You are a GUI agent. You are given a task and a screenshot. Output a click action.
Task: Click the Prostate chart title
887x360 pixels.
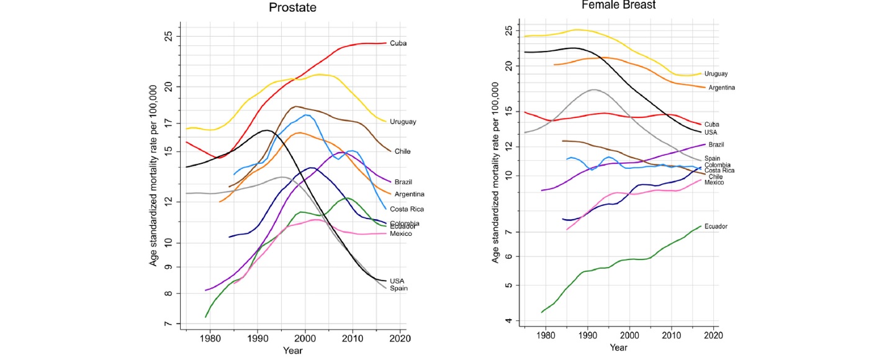tap(293, 8)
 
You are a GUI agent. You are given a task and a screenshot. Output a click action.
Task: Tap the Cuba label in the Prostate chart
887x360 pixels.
tap(398, 43)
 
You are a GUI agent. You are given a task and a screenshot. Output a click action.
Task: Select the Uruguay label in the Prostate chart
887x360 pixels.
tap(403, 122)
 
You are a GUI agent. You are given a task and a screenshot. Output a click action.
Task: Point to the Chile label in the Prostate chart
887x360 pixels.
tap(402, 151)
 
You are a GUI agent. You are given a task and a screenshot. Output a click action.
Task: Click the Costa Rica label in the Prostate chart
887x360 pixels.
tap(407, 209)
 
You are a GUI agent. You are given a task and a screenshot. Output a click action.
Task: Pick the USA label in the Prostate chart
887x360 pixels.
tap(397, 281)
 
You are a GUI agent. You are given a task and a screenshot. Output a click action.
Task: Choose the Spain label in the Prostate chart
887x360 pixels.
tap(398, 288)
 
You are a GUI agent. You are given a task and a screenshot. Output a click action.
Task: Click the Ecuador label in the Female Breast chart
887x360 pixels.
tap(716, 227)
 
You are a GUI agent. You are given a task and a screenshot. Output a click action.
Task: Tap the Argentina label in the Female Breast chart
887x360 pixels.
tap(721, 88)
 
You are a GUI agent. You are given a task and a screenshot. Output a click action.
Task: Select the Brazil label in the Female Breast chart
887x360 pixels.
tap(714, 144)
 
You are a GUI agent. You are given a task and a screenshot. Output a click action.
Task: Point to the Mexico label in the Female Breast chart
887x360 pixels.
tap(714, 182)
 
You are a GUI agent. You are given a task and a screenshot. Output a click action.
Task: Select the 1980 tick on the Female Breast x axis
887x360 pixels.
tap(546, 336)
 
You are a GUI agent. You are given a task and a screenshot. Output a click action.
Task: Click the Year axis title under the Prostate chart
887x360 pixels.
tap(292, 351)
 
